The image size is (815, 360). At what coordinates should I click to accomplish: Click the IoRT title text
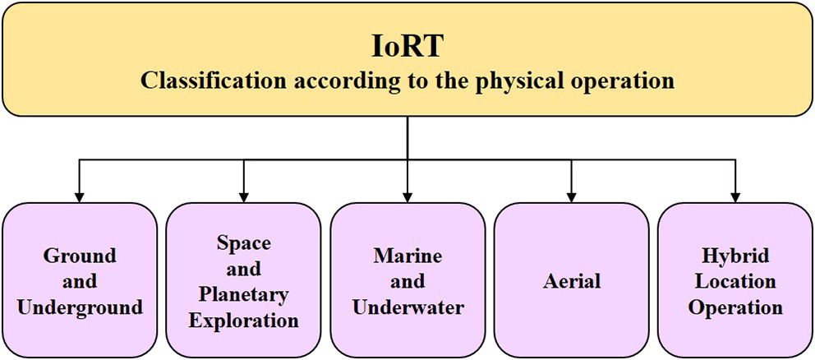click(407, 47)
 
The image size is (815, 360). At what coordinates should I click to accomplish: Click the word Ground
click(79, 255)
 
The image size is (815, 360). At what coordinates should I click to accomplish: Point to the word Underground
click(79, 307)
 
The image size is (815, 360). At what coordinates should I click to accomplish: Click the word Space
click(243, 242)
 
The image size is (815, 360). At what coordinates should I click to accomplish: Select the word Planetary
click(243, 294)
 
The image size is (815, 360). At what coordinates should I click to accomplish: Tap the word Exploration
click(243, 320)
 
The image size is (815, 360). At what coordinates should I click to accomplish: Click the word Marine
click(407, 255)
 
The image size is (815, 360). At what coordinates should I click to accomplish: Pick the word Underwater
click(407, 307)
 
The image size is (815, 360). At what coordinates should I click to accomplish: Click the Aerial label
click(572, 281)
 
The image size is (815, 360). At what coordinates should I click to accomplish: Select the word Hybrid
click(736, 255)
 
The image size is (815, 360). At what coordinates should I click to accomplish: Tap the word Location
click(736, 281)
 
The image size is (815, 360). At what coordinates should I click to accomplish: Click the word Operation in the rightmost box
click(736, 307)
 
